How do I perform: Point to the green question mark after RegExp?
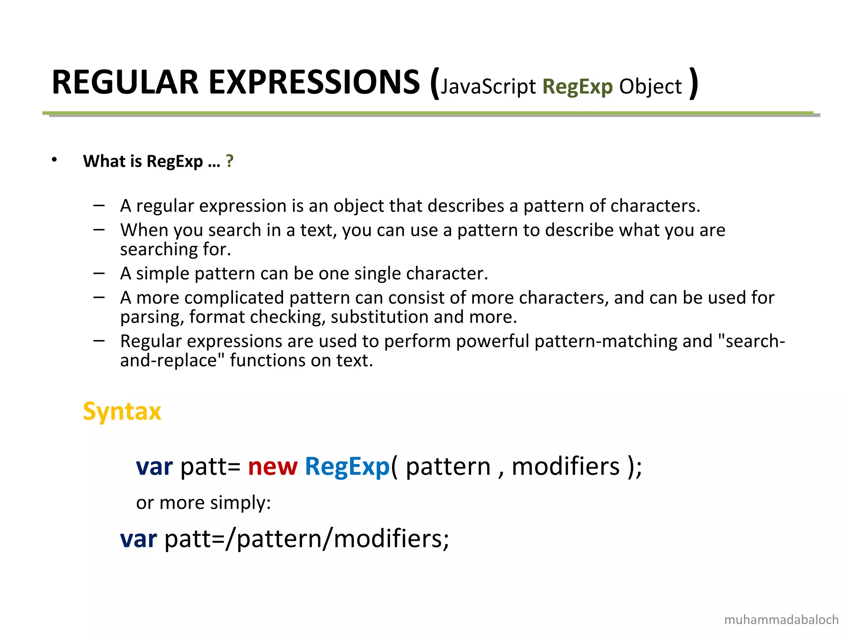click(230, 161)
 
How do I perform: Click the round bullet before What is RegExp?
click(54, 160)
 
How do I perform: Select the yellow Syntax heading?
click(122, 411)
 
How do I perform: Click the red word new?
click(272, 467)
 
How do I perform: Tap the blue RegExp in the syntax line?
click(347, 467)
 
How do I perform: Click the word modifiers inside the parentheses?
click(565, 467)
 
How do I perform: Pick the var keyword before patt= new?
click(154, 467)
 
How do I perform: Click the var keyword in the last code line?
click(138, 539)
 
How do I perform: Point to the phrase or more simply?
click(203, 503)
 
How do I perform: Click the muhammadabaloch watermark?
click(781, 620)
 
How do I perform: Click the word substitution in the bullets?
click(380, 317)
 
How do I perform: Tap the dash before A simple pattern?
click(99, 273)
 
